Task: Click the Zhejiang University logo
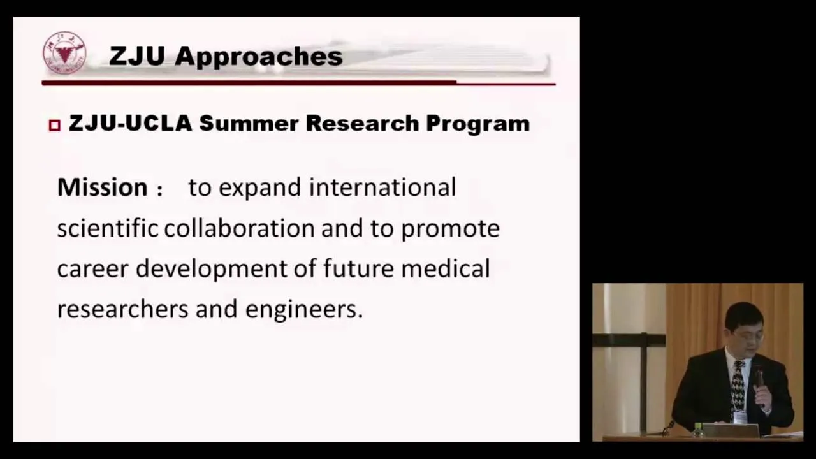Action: [64, 52]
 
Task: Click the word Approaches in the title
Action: [259, 57]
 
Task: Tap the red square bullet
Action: [55, 126]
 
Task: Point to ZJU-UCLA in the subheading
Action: [131, 123]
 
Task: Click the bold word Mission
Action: [103, 187]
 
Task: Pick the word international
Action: [382, 187]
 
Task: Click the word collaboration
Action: [239, 228]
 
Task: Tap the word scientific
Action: [108, 228]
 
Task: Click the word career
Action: [93, 270]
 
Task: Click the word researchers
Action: [123, 309]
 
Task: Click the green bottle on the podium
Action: [697, 430]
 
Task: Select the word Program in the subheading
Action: [478, 124]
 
